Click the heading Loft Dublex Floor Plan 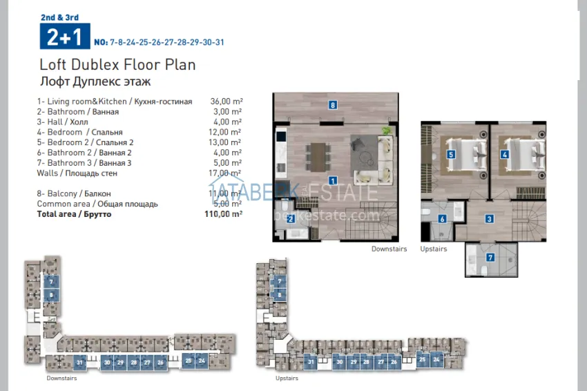(118, 65)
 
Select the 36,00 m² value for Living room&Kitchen (226, 102)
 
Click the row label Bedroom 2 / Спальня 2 (85, 142)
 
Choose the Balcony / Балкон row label (74, 194)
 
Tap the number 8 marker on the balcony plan (333, 106)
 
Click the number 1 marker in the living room (333, 181)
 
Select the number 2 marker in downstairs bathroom (291, 219)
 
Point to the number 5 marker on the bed (451, 155)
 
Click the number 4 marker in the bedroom (505, 155)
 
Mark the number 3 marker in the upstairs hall (489, 219)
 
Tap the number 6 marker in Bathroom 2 (443, 219)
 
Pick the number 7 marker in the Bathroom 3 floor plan (491, 258)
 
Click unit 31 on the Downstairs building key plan (80, 362)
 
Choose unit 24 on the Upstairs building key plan (436, 359)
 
